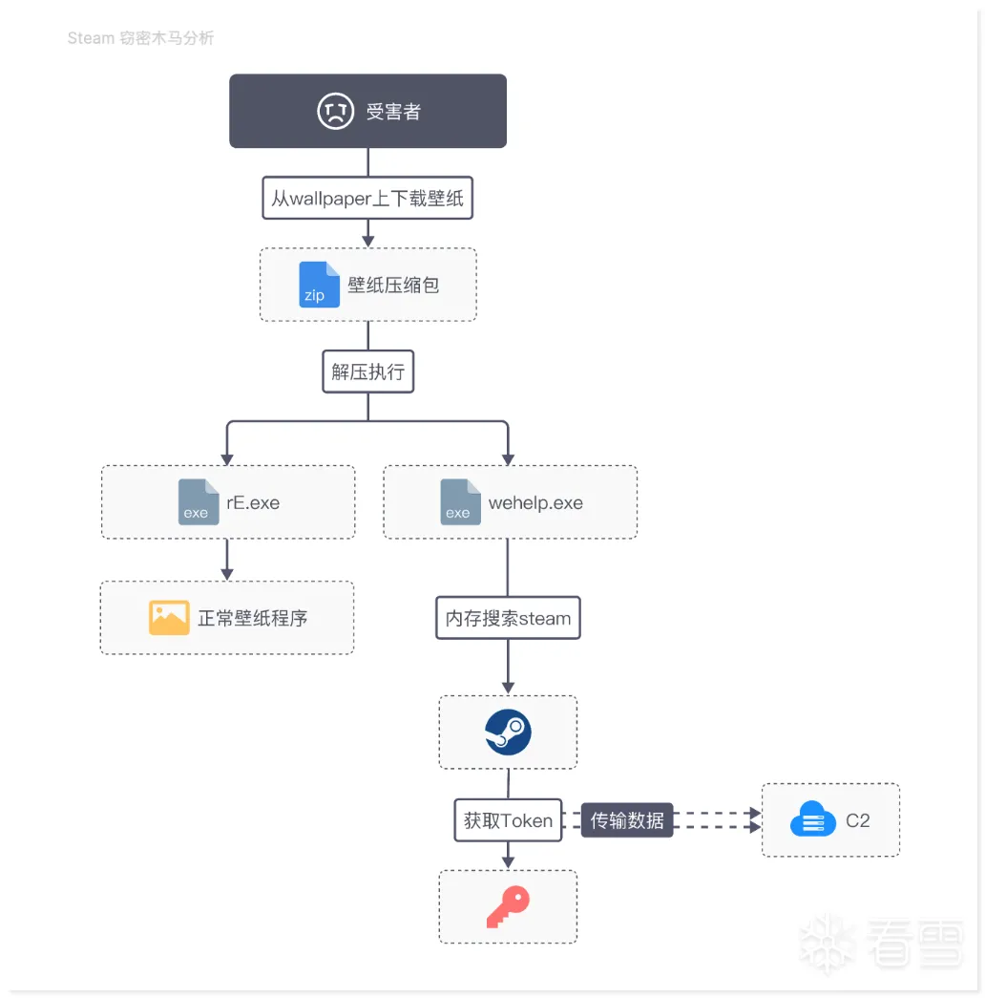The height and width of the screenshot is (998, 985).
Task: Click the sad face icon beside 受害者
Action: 335,112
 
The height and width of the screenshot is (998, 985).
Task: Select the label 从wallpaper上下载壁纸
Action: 367,200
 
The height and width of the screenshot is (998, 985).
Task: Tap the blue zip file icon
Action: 319,285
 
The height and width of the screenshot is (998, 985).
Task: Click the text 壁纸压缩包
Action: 393,285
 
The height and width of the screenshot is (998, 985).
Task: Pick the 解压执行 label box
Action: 367,372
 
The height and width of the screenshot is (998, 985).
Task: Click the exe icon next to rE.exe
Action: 199,502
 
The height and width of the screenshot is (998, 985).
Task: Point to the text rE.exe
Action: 253,503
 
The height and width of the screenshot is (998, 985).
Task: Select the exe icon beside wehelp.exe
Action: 460,502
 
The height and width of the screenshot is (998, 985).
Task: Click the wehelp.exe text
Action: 535,503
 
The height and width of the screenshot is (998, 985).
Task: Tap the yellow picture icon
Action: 169,618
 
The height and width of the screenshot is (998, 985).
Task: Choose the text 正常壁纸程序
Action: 253,618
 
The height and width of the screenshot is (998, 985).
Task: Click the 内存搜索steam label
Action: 508,619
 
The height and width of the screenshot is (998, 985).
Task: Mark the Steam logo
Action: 508,733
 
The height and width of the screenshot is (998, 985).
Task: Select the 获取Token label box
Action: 508,820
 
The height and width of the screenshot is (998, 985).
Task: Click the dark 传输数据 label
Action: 627,820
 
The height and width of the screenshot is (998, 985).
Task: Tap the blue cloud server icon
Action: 812,820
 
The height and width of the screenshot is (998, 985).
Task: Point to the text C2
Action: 857,820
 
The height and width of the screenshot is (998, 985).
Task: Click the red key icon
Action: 508,906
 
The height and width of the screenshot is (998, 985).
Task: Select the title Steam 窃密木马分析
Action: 140,38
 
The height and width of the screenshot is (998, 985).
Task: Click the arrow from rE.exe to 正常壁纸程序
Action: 227,560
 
